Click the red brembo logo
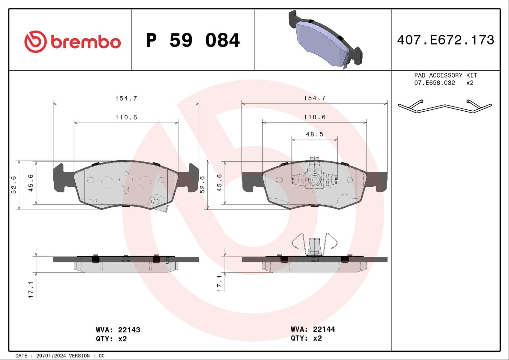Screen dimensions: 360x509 click(x=73, y=42)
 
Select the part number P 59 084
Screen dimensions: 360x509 click(x=193, y=40)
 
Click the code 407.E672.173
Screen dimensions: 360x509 click(x=445, y=40)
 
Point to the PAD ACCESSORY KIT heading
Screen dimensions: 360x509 click(x=445, y=75)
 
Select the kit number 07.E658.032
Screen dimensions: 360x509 click(x=434, y=83)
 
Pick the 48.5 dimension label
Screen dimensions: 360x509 click(x=314, y=135)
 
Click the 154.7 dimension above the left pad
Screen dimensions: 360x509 click(x=126, y=99)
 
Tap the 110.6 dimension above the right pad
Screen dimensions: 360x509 click(x=314, y=117)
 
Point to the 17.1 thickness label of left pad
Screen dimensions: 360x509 click(x=31, y=289)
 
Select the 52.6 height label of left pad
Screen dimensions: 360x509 click(x=14, y=185)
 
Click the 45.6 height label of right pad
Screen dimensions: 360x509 click(x=219, y=183)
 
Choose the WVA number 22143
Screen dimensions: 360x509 click(x=129, y=330)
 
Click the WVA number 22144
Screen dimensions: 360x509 click(x=324, y=329)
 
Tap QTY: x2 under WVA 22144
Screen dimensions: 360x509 click(x=306, y=338)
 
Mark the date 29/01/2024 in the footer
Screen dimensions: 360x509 click(x=51, y=356)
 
